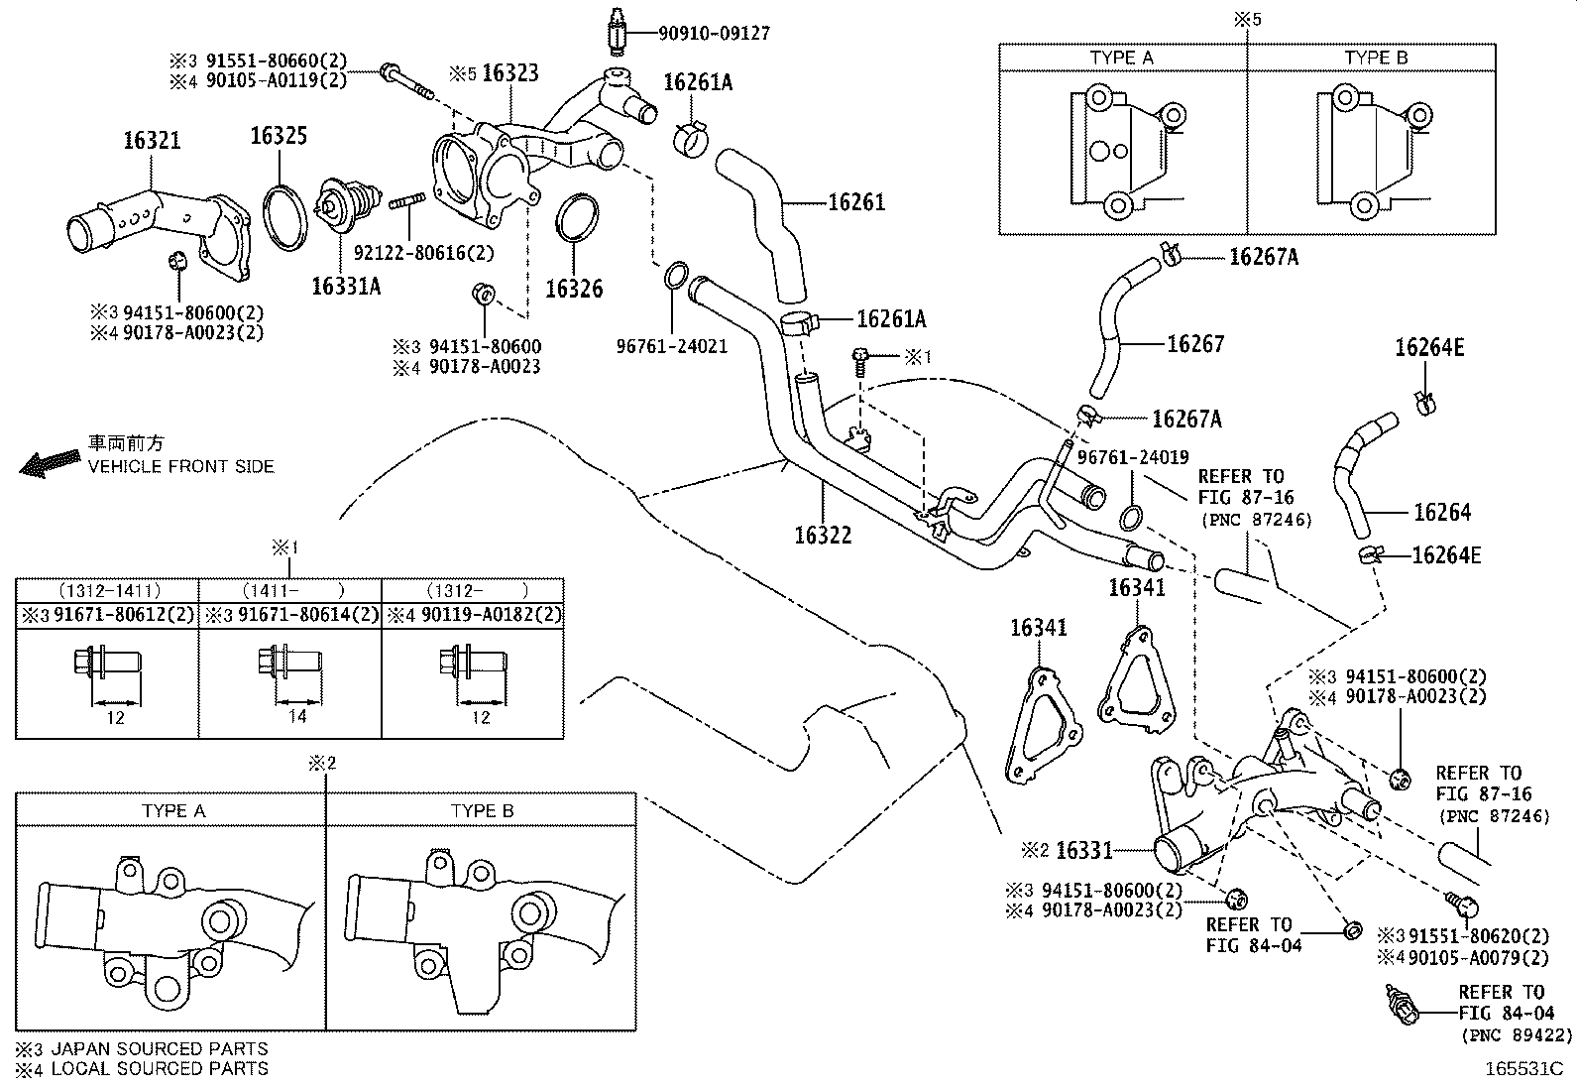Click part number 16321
click(x=152, y=140)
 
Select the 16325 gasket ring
click(x=285, y=216)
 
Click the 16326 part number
click(x=574, y=289)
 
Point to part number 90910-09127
click(x=714, y=33)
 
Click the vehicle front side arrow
click(x=50, y=462)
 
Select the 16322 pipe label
click(x=822, y=535)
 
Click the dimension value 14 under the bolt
click(x=297, y=716)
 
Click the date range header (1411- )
click(x=289, y=589)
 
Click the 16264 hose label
click(x=1441, y=513)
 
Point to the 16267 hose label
click(x=1195, y=344)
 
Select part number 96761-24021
click(x=671, y=346)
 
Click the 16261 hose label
click(x=855, y=202)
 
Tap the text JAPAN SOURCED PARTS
click(x=159, y=1048)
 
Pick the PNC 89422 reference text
click(x=1517, y=1034)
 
